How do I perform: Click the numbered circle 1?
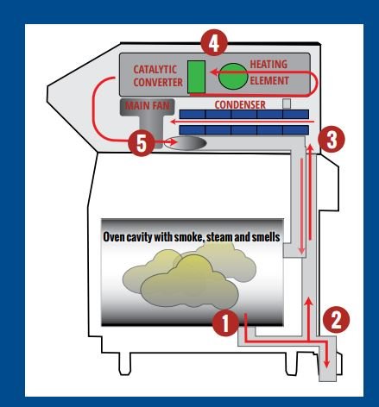[225, 322]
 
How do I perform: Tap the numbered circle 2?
[336, 320]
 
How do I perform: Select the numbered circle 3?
[332, 140]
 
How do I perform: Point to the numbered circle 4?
[214, 43]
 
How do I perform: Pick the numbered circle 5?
[141, 143]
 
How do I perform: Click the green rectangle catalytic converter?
[197, 77]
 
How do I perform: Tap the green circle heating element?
[233, 76]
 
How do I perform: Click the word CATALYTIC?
[155, 70]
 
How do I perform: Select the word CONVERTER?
[158, 83]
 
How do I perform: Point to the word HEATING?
[268, 64]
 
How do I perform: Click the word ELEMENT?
[269, 81]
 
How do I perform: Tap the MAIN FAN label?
[148, 106]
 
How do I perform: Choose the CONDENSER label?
[240, 104]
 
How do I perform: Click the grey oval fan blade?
[185, 143]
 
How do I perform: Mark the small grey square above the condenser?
[287, 103]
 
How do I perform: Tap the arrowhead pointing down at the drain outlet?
[326, 363]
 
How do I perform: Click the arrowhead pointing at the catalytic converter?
[214, 72]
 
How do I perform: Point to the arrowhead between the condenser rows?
[174, 122]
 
